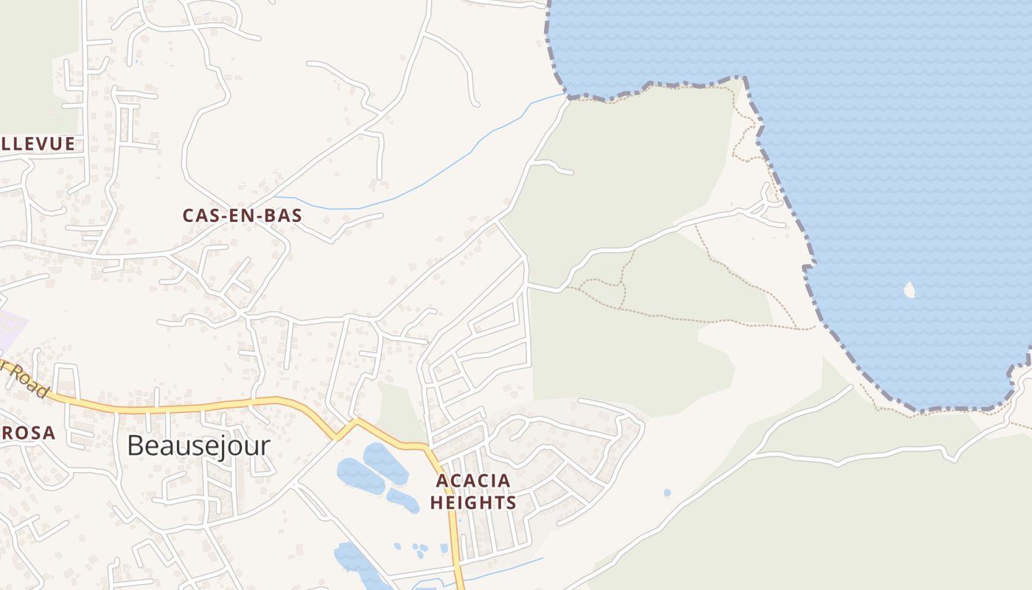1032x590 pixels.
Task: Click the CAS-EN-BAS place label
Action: pos(243,216)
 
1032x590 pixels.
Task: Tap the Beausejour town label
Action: pos(198,446)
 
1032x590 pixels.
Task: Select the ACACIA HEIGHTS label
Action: pos(473,492)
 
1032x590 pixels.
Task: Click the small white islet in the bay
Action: pos(909,290)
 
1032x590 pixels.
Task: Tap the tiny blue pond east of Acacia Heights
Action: pos(667,493)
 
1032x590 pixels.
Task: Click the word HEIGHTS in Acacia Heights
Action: pos(473,503)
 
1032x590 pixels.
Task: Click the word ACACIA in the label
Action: pos(473,482)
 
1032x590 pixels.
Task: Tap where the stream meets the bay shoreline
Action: pos(566,94)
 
